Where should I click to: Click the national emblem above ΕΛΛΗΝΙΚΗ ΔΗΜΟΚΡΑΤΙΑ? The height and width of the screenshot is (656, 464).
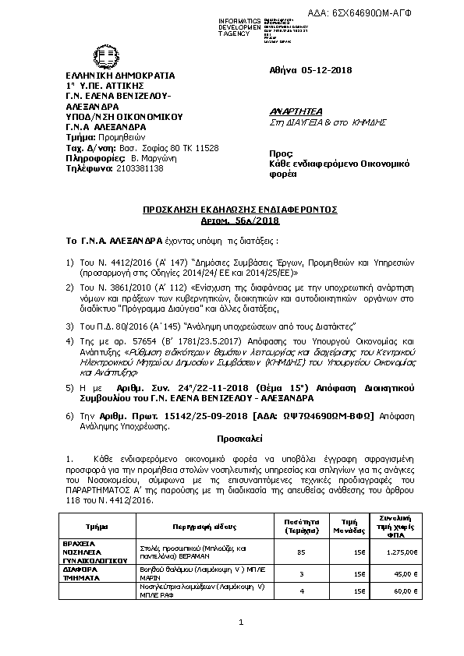(x=80, y=59)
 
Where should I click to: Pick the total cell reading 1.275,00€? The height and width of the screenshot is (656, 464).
(x=402, y=552)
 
